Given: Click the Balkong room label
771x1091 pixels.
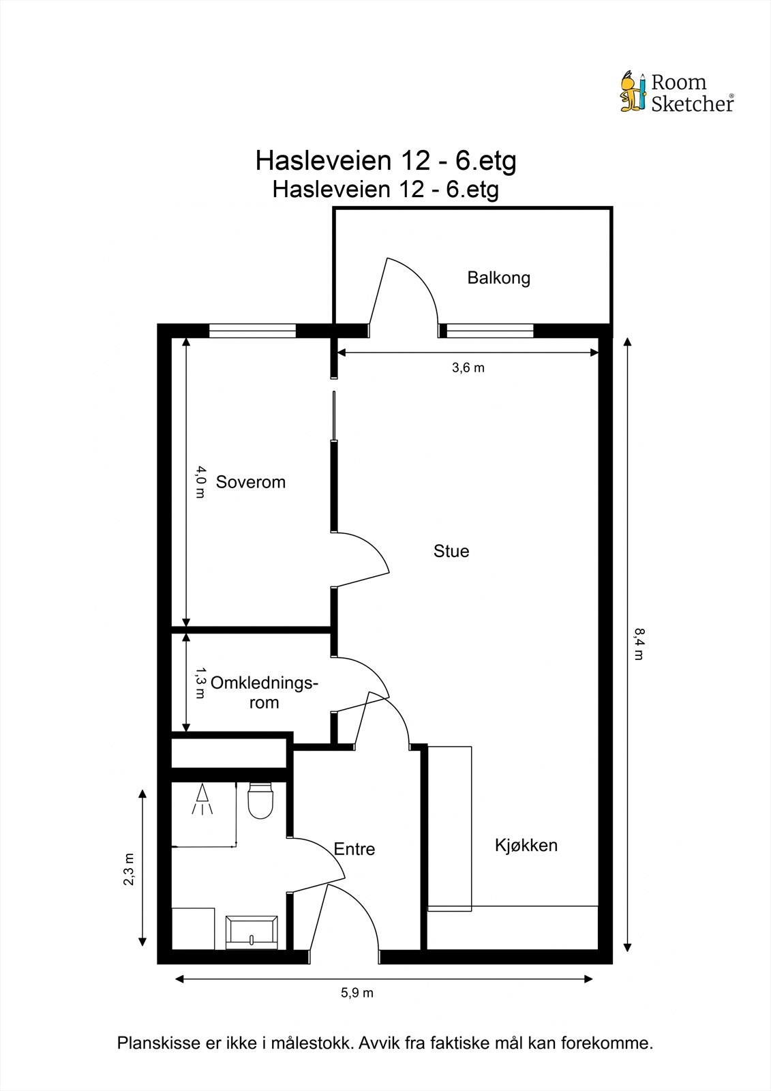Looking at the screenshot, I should pos(498,278).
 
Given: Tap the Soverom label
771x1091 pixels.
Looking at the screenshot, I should pos(250,482).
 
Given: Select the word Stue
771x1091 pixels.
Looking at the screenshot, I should pos(451,551).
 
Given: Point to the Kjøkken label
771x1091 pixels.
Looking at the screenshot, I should pos(526,846).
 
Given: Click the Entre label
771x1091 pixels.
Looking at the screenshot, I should pos(354,849).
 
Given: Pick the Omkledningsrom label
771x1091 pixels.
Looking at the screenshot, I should pos(264,692).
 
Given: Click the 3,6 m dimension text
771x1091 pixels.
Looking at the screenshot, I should pos(468,368).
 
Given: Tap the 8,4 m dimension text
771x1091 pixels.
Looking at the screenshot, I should pos(638,644).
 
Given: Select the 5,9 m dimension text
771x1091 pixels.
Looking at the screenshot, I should pos(357,993).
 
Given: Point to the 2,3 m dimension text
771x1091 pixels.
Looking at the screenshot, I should pos(128,869).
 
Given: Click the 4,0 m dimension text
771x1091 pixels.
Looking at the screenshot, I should pos(200,481).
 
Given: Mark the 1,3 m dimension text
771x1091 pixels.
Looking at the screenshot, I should pos(200,683).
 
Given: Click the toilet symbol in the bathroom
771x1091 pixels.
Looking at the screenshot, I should pos(260,801).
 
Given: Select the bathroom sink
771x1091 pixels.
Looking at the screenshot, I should pos(252,932).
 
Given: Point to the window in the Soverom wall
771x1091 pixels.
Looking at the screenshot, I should pos(252,331).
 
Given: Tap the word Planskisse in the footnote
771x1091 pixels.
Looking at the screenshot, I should pos(157,1043).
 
